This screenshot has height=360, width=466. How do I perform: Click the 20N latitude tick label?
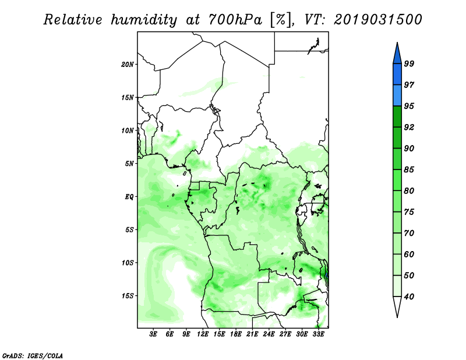coord(128,64)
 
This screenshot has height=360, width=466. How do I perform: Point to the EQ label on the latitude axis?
coord(129,196)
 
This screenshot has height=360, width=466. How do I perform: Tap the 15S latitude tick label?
coord(128,295)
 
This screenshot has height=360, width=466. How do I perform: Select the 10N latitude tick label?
coord(128,130)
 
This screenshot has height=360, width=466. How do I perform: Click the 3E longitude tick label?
coord(154,334)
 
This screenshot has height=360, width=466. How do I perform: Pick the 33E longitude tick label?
coord(318,334)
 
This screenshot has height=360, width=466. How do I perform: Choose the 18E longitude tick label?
coord(236,334)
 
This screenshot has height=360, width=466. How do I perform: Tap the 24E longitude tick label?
coord(269,334)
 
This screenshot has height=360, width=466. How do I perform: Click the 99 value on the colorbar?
coord(409,64)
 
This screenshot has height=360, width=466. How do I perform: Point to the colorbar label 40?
coord(409,297)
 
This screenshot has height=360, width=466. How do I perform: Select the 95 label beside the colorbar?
coord(409,107)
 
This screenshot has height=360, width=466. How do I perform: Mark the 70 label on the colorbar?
coord(409,234)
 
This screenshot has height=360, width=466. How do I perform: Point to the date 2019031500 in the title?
coord(378,20)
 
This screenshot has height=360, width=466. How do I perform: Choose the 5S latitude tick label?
coord(129,230)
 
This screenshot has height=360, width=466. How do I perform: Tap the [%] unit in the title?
coord(280,20)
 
